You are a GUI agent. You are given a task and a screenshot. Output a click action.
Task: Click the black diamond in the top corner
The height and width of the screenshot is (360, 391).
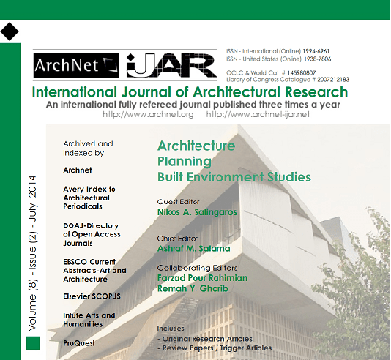point(10,31)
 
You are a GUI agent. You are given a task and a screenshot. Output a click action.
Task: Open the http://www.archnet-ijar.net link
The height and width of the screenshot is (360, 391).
point(258,115)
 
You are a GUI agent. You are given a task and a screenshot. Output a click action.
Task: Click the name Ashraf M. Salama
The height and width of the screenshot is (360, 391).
point(194,249)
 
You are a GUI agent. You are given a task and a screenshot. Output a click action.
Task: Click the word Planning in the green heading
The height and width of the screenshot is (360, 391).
point(184,162)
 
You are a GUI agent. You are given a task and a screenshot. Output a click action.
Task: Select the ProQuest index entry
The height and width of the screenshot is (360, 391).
point(79,342)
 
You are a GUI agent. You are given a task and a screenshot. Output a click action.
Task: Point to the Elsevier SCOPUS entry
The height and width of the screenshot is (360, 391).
point(92,296)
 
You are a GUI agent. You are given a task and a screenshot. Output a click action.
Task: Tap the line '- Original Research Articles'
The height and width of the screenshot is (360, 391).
point(205,339)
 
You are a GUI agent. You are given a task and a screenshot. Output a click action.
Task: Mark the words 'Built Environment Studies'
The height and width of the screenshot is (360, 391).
point(234,177)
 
